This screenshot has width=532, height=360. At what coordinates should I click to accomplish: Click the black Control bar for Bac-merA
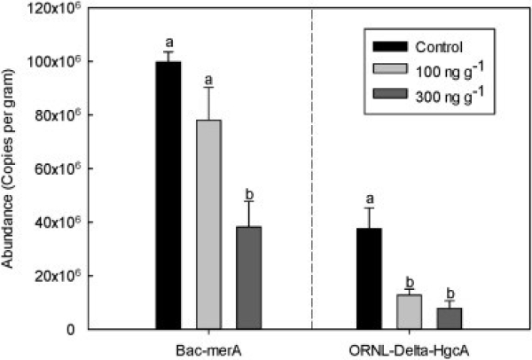tap(168, 195)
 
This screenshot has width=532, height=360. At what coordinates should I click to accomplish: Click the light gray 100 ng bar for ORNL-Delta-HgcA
tap(410, 312)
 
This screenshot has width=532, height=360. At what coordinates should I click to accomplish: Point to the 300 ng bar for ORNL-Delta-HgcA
tap(450, 318)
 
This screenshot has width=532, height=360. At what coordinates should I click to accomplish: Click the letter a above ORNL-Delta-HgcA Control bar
tap(369, 200)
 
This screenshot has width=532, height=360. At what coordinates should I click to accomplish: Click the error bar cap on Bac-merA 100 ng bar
tap(208, 87)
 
